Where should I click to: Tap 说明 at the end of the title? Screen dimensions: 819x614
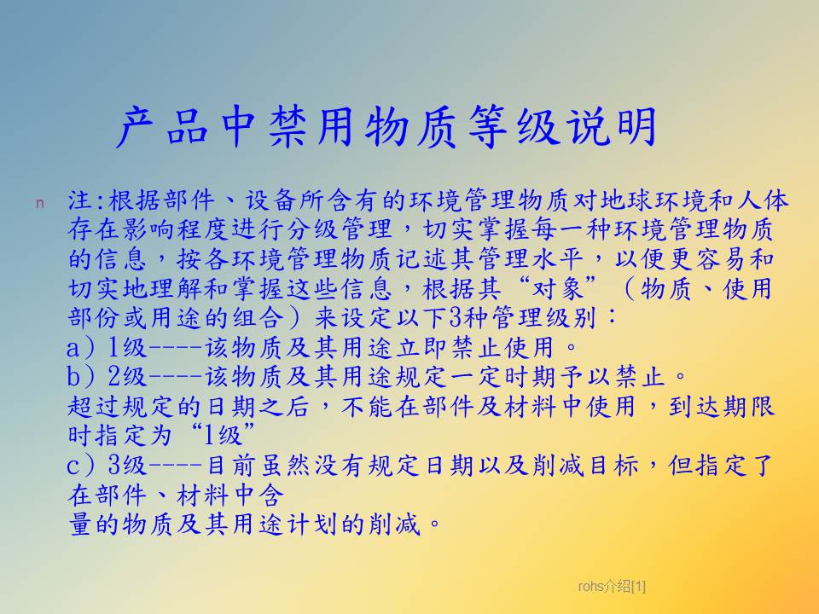tap(613, 126)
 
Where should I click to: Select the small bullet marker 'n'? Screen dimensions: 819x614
tap(40, 203)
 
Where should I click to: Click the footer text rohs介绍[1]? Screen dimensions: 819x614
tap(612, 586)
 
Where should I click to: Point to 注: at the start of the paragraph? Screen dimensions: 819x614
tap(87, 200)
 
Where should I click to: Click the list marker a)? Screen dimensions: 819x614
tap(80, 348)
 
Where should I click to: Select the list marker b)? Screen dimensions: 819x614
tap(80, 376)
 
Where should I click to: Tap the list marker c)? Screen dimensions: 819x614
tap(80, 466)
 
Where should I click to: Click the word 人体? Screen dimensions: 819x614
tap(763, 200)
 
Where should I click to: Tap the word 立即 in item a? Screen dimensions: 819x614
tap(422, 348)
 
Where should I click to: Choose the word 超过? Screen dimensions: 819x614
tap(94, 407)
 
